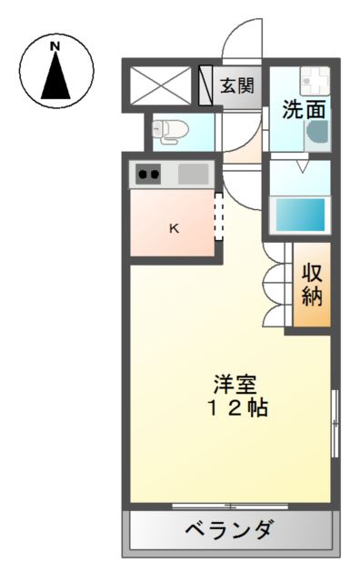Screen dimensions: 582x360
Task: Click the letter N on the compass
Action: point(55,45)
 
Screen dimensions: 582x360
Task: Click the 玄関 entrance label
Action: point(238,86)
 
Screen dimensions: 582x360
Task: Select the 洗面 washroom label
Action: point(303,109)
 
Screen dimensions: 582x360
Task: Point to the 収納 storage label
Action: point(312,284)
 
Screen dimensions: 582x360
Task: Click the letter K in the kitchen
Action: point(174,229)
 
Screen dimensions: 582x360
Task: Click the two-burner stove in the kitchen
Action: point(149,174)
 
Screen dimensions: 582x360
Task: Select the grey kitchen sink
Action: point(193,174)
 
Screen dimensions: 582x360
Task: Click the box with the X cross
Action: point(163,86)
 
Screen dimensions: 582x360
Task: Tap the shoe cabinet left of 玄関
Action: point(206,86)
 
